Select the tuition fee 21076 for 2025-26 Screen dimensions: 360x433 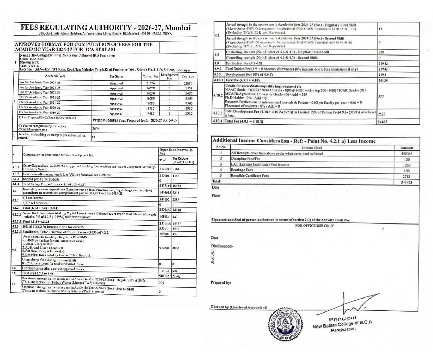pos(150,83)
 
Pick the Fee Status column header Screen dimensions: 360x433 pos(116,76)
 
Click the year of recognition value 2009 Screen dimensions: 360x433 pos(96,128)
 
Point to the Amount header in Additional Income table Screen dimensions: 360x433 pos(407,148)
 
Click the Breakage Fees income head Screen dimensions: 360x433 pos(242,170)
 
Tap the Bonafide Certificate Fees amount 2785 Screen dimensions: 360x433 pos(406,176)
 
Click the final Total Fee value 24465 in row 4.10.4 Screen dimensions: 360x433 pos(383,122)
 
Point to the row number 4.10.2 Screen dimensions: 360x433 pos(217,95)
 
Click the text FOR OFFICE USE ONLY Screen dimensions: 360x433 pos(314,226)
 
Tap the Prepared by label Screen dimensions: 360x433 pos(221,282)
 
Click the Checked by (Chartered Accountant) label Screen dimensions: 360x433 pos(239,307)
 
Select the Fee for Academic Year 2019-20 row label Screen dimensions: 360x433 pos(40,112)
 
